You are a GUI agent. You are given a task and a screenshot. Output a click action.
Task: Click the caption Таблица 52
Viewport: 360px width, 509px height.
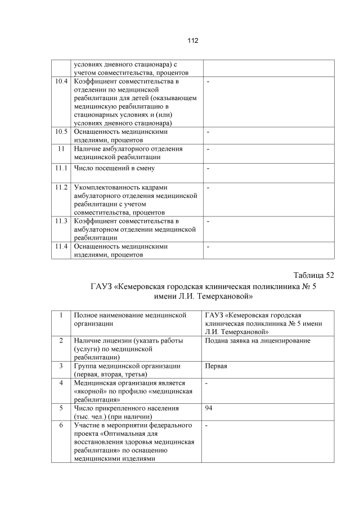coord(313,275)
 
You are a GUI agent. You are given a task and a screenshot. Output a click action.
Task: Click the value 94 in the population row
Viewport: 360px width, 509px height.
coord(209,408)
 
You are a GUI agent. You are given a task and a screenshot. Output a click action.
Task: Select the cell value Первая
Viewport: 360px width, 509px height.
coord(217,366)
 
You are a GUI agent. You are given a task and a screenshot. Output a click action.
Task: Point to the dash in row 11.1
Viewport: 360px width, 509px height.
coord(208,168)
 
